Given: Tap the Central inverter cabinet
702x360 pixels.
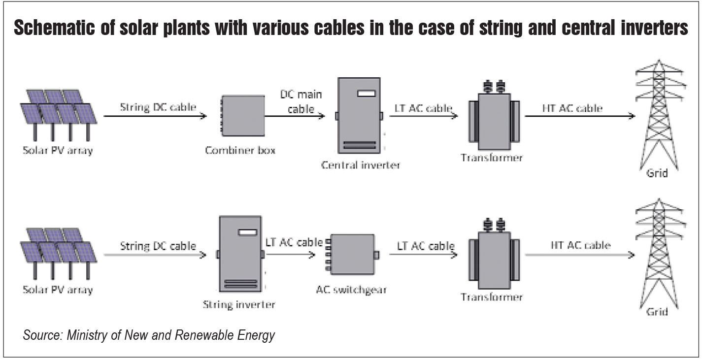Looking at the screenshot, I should (359, 116).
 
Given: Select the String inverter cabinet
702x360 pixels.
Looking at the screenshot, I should (240, 254).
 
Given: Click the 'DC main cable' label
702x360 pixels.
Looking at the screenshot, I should (301, 101).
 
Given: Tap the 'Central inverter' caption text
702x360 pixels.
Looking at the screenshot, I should (361, 165).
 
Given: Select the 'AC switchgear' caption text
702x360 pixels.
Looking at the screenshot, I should (351, 290).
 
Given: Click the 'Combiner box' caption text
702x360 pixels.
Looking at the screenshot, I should (240, 150).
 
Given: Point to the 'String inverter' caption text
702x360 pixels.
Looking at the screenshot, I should (239, 305).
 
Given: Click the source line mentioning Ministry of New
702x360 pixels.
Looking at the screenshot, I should (148, 335).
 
